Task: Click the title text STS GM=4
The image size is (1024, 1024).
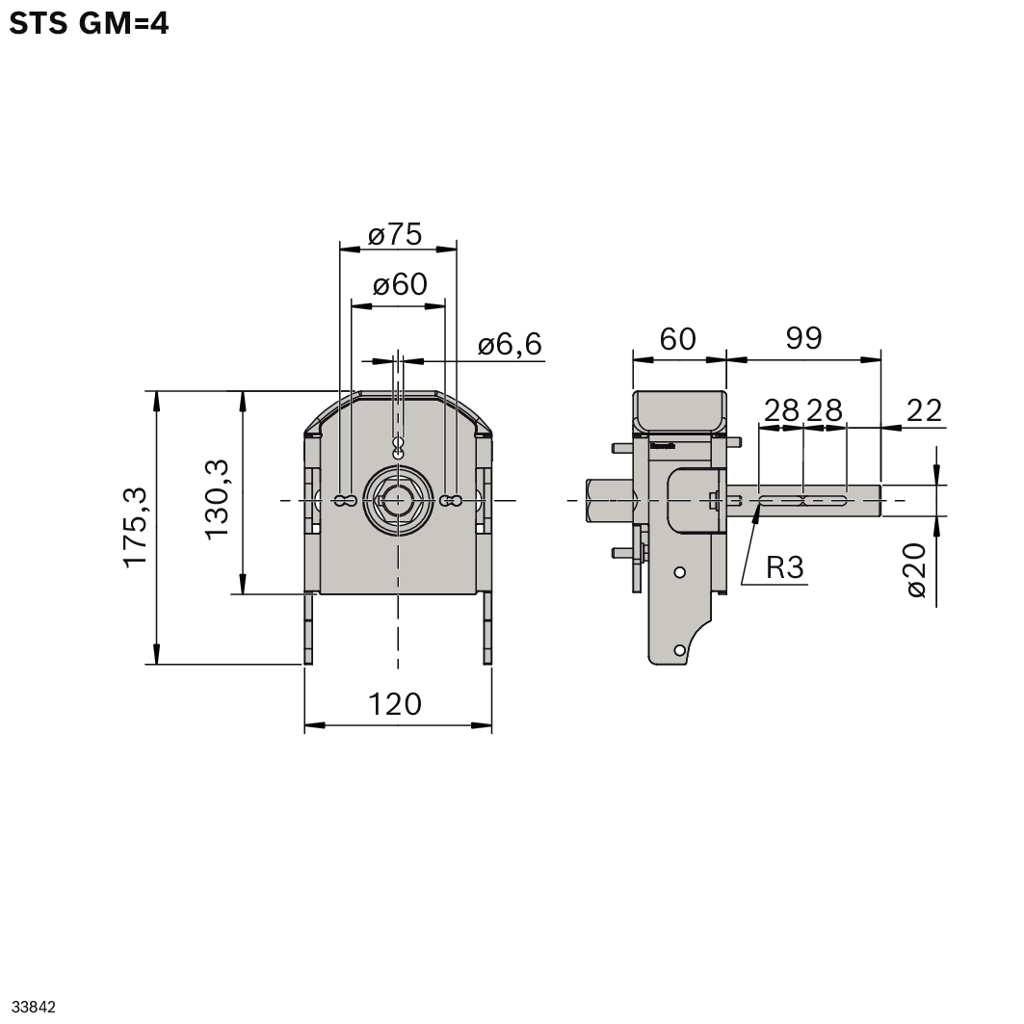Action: [x=89, y=23]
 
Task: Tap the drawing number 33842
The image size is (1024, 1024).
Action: [x=34, y=1007]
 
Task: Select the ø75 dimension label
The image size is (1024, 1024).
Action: [x=395, y=234]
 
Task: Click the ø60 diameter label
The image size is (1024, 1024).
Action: [x=399, y=284]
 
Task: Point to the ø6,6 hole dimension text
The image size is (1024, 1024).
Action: [x=510, y=344]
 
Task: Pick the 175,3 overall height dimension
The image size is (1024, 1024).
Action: [x=135, y=527]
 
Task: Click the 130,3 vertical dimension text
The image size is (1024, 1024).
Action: [x=217, y=498]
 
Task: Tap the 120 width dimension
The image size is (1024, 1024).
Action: [x=395, y=704]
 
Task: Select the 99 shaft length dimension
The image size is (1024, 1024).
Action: [x=803, y=338]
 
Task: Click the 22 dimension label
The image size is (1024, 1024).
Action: [x=924, y=410]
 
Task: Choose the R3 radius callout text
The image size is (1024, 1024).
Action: [x=784, y=567]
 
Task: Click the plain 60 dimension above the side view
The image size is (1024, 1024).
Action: [x=677, y=338]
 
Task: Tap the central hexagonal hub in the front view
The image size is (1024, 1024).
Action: [x=397, y=499]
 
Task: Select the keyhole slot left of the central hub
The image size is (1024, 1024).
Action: [x=345, y=500]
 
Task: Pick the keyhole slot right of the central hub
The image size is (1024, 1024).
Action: [x=450, y=500]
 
